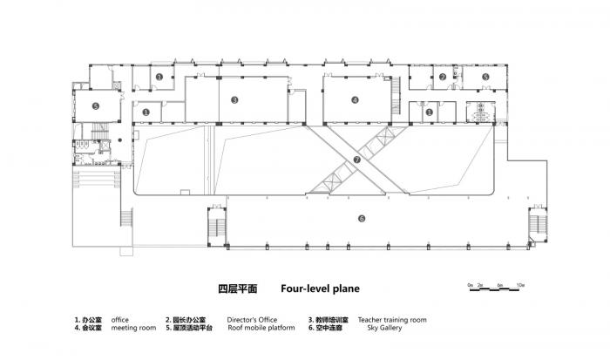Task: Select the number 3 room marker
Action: [x=235, y=99]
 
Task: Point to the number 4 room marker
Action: [x=355, y=99]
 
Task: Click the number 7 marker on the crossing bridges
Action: [x=356, y=160]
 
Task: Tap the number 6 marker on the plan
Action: [x=361, y=218]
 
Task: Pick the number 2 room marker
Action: [x=443, y=77]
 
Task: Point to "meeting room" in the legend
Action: [x=134, y=329]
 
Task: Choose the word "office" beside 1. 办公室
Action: [x=120, y=320]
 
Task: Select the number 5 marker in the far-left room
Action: [x=97, y=106]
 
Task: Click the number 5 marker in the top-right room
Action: [x=485, y=77]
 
